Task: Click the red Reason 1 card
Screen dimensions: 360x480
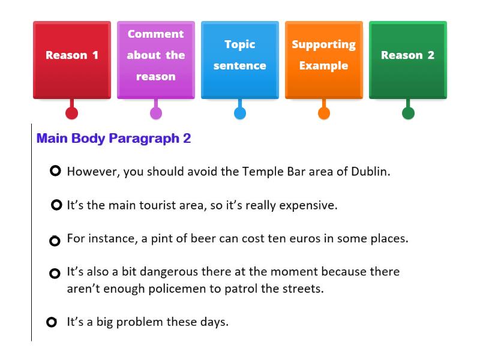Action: tap(72, 59)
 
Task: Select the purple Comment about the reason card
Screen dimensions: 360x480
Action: tap(156, 59)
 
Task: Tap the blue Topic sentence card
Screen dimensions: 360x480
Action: tap(240, 59)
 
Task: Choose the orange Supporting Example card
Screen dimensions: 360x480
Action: tap(324, 59)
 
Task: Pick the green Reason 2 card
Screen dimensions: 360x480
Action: tap(408, 59)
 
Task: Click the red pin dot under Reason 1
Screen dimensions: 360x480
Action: tap(72, 113)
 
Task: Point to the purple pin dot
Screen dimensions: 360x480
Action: tap(156, 113)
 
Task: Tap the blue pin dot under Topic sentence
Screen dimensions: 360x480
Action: tap(240, 113)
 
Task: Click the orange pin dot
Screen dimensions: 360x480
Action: tap(324, 113)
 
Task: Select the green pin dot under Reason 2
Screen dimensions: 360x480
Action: tap(408, 113)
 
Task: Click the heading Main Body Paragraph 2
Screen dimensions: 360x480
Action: tap(113, 139)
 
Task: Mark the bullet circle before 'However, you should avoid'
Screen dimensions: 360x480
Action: tap(56, 172)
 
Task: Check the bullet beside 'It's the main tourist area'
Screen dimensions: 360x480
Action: tap(57, 205)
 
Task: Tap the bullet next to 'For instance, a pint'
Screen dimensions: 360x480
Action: tap(55, 241)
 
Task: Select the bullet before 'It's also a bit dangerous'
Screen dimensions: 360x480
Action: tap(55, 274)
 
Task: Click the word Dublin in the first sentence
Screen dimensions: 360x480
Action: tap(370, 171)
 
